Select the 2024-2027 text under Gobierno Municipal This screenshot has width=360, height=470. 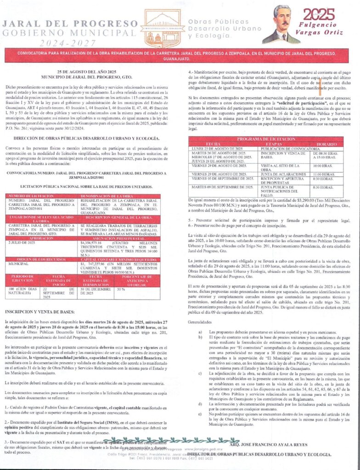(70, 43)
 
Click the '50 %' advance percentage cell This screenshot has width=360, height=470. (120, 290)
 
